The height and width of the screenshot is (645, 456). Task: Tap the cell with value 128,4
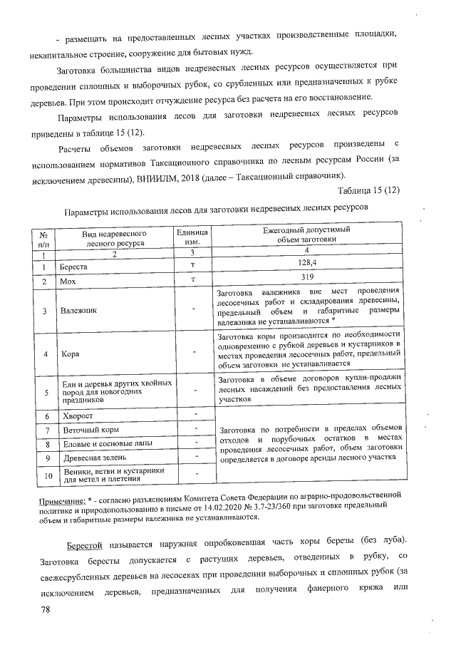click(x=306, y=264)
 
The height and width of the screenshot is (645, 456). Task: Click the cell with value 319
click(x=306, y=277)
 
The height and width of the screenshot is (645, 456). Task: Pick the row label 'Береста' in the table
click(x=76, y=267)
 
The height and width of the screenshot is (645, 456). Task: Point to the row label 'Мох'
click(x=69, y=282)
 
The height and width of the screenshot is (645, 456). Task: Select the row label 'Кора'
click(x=70, y=354)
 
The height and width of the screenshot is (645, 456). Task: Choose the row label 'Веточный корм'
click(x=86, y=430)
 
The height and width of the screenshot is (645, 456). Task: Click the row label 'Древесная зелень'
click(x=91, y=457)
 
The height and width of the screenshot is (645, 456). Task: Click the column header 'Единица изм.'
click(x=193, y=238)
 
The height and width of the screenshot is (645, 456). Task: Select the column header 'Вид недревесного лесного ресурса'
click(x=115, y=238)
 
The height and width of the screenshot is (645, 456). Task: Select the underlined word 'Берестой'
click(x=85, y=545)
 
